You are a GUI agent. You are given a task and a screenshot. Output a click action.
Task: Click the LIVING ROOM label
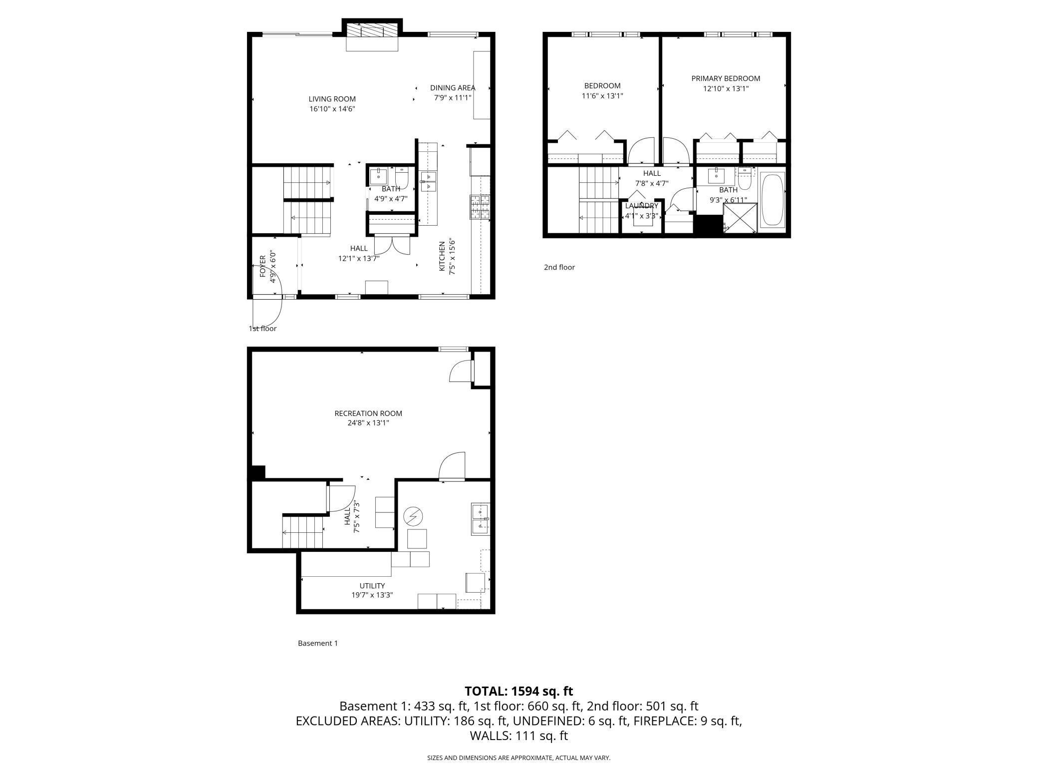point(332,99)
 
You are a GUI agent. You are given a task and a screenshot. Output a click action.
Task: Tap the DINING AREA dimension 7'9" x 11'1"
point(452,98)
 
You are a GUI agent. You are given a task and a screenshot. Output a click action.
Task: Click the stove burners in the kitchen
point(480,207)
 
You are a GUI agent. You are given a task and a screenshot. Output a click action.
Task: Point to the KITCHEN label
point(442,257)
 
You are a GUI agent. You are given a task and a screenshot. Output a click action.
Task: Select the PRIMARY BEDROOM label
point(726,78)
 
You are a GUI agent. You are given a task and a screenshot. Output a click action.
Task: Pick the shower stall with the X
point(740,218)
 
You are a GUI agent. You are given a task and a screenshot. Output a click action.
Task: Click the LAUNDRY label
point(641,206)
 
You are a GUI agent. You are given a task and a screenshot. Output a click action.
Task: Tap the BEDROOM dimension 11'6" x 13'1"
point(602,96)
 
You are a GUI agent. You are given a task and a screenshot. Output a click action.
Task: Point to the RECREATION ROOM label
point(368,413)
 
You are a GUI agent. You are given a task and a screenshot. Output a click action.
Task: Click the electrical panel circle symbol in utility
point(413,516)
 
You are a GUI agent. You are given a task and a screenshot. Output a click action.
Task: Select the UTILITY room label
point(372,586)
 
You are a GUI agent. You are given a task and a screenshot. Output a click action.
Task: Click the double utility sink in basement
point(480,519)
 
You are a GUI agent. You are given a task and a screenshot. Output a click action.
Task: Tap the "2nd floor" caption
point(559,267)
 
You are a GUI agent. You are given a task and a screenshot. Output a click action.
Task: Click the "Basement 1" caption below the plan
point(317,643)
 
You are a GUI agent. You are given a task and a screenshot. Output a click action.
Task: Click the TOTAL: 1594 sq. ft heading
point(519,691)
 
